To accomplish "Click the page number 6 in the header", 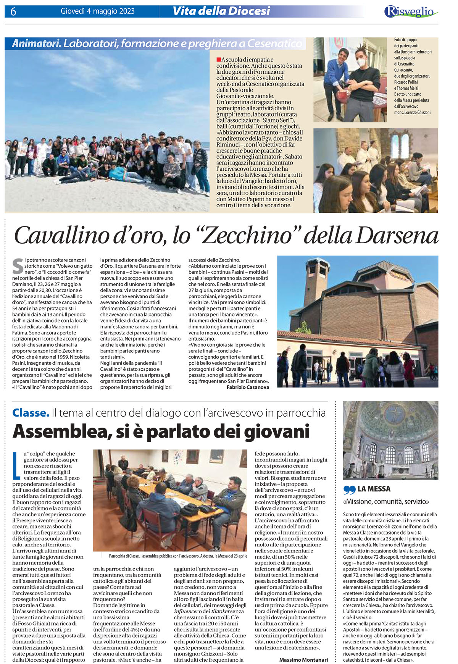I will tap(13, 12).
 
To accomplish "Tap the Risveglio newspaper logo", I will tap(411, 11).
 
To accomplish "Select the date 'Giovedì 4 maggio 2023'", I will tap(98, 11).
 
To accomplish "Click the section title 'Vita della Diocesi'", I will tap(221, 11).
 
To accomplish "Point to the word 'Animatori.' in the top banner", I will tap(36, 44).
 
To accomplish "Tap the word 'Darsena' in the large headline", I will tap(397, 236).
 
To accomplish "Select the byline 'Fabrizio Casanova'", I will tap(248, 387).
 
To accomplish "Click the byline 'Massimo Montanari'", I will tap(303, 660).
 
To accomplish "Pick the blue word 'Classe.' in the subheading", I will tap(31, 413).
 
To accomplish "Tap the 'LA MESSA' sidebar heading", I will tap(374, 489).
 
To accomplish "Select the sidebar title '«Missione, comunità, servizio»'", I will tap(386, 502).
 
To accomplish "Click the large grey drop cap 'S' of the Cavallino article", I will tap(18, 266).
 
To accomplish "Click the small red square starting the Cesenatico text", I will tap(219, 60).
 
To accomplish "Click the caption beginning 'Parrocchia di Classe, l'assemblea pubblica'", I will tap(178, 556).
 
